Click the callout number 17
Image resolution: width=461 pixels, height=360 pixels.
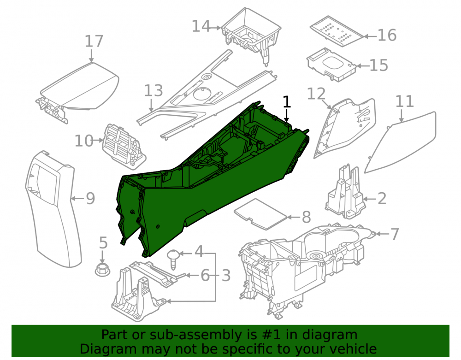(94, 41)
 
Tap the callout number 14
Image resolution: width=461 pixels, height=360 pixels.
(201, 26)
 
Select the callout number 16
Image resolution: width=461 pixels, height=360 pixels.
(387, 35)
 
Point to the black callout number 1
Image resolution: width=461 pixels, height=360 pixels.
(287, 102)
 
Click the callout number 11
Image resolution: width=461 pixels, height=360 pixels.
(405, 101)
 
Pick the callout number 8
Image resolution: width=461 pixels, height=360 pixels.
(307, 217)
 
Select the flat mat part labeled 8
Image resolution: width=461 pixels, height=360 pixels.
(260, 214)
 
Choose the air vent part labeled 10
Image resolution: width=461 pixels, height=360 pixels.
(124, 147)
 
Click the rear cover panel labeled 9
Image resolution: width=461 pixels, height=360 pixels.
(53, 208)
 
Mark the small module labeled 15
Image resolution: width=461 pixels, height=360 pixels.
(331, 65)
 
